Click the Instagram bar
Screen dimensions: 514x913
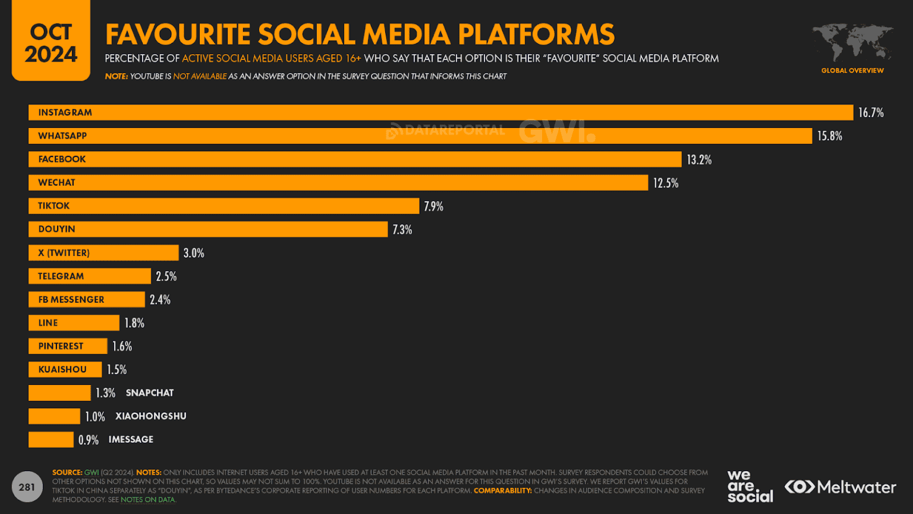pos(440,112)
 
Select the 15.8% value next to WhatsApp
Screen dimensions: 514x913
pos(829,136)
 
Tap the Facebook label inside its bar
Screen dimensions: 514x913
pos(62,159)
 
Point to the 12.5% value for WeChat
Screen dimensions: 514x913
pos(665,183)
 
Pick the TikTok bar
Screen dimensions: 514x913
pos(223,206)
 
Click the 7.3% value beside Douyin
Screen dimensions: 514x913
pos(402,230)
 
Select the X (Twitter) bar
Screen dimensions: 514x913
pos(103,253)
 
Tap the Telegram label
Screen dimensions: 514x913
pos(61,276)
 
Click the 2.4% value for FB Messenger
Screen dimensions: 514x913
pos(160,300)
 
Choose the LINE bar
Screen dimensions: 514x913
pos(74,323)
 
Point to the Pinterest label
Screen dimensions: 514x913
pos(61,346)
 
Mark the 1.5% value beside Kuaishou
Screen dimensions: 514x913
pos(117,369)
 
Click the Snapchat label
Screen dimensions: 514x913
pos(150,393)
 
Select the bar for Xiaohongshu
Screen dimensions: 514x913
pos(54,416)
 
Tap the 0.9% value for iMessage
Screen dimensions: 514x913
pos(89,440)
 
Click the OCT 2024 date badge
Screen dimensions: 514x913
pos(51,42)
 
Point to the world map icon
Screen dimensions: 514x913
pos(852,43)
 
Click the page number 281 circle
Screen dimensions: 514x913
pos(27,487)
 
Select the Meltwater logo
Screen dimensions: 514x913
pos(840,487)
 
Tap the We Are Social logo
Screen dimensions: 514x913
pos(750,487)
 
